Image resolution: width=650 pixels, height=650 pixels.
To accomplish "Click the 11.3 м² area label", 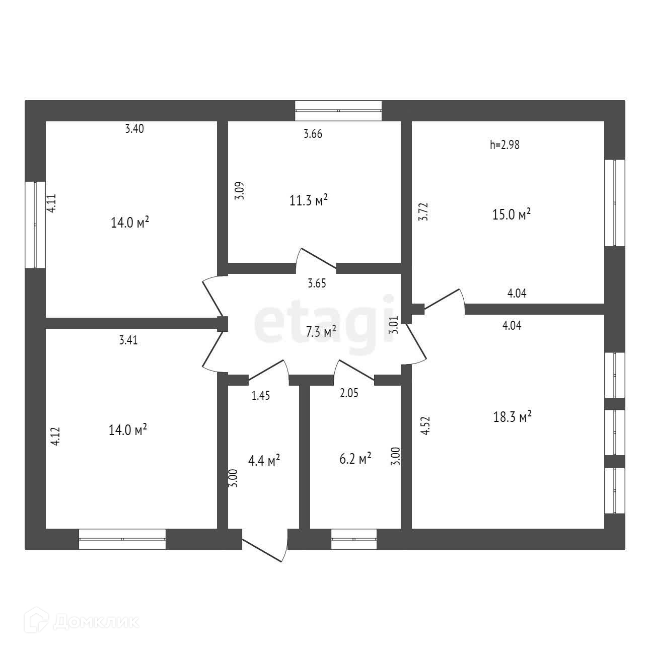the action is pyautogui.click(x=309, y=200).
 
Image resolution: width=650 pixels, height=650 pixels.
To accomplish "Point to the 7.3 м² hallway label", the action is pyautogui.click(x=321, y=331).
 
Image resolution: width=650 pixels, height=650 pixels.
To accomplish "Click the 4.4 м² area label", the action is pyautogui.click(x=264, y=460).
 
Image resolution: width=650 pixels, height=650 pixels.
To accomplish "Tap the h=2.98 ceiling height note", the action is pyautogui.click(x=504, y=145).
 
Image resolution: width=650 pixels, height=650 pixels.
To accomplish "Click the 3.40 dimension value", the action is pyautogui.click(x=134, y=129).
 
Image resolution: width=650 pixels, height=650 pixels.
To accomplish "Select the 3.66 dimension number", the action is pyautogui.click(x=313, y=134).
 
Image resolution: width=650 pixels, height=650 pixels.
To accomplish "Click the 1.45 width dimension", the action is pyautogui.click(x=261, y=396).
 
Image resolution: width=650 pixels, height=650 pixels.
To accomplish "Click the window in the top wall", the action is pyautogui.click(x=338, y=110).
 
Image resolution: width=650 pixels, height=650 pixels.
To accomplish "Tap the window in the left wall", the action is pyautogui.click(x=35, y=225).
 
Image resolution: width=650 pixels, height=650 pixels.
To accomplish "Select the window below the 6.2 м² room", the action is pyautogui.click(x=354, y=539).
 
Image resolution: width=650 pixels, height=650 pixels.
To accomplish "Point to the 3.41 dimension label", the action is pyautogui.click(x=128, y=340).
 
